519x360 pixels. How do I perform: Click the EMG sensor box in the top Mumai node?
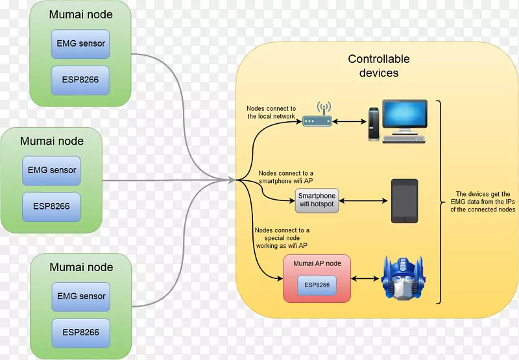click(x=81, y=44)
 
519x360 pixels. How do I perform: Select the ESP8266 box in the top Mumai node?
click(x=81, y=80)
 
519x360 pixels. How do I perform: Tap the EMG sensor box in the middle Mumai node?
click(x=52, y=171)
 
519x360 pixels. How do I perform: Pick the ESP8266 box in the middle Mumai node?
click(x=52, y=207)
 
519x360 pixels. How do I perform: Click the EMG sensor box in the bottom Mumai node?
click(x=81, y=296)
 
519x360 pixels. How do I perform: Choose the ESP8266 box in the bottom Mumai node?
click(x=81, y=332)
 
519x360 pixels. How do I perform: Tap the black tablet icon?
click(x=404, y=201)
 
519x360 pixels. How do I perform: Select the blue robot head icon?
click(x=403, y=278)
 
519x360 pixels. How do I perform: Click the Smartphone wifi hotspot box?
click(x=317, y=201)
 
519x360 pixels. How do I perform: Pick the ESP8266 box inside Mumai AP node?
click(x=317, y=285)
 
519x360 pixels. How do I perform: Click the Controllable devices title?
click(x=379, y=66)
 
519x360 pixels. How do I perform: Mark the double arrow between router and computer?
click(x=351, y=121)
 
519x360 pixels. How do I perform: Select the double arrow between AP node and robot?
click(x=365, y=279)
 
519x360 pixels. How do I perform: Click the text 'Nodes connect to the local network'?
click(x=271, y=112)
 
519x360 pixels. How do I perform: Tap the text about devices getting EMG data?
click(x=483, y=202)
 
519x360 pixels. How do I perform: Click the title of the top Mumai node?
click(x=81, y=14)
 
